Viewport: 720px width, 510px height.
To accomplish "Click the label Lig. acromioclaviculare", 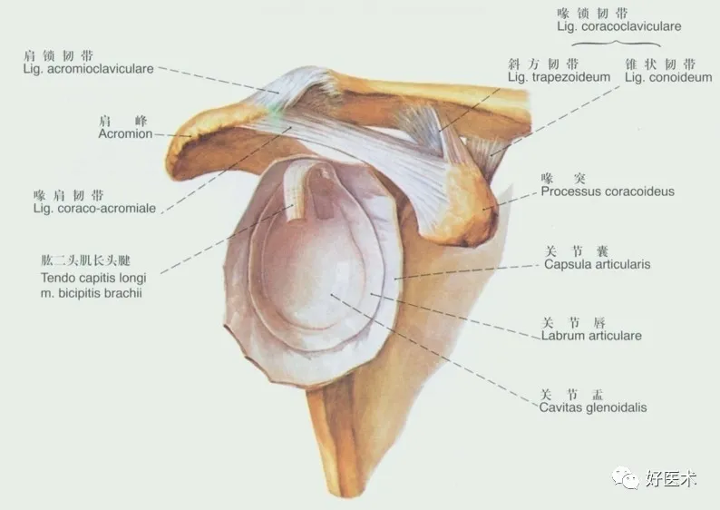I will click(x=88, y=69).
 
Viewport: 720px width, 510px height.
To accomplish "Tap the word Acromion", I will click(x=125, y=133).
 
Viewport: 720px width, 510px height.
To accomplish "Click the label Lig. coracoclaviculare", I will click(x=619, y=27).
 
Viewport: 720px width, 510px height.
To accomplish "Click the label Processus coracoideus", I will click(x=608, y=191).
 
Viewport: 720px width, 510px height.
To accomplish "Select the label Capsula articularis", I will click(x=597, y=265).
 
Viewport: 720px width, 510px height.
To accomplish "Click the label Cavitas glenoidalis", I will click(x=593, y=408).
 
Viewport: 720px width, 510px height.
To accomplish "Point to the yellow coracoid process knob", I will click(x=472, y=209).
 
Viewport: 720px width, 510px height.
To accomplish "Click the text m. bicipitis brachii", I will click(x=92, y=293).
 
